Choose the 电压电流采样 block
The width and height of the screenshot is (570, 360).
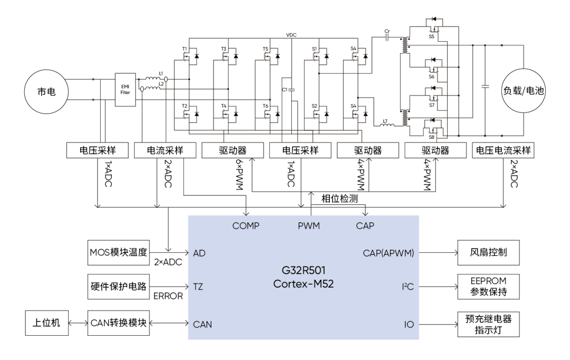pos(503,150)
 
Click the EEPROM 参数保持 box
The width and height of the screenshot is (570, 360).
pos(489,288)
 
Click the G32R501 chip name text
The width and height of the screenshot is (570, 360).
pos(303,272)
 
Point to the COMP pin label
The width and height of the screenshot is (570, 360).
pos(246,225)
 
